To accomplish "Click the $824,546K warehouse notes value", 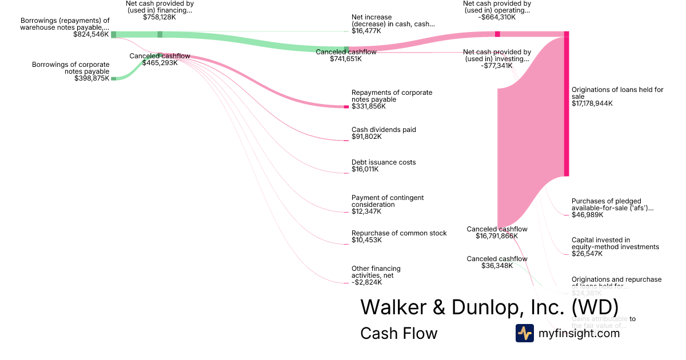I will (91, 34).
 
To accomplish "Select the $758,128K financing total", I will (159, 17).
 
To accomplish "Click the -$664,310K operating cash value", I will (497, 17).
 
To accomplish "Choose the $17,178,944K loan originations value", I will (592, 103).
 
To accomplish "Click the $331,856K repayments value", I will (368, 106).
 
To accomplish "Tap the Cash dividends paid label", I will (384, 130).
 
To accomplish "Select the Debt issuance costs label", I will (384, 162).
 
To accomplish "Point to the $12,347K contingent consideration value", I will (366, 211).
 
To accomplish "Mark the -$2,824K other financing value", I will (366, 282).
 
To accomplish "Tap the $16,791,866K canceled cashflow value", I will (497, 236).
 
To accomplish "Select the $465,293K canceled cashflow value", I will (159, 63).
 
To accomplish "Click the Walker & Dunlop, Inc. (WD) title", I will (489, 307).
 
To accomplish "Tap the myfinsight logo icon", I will (525, 333).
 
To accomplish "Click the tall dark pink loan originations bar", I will (567, 106).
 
